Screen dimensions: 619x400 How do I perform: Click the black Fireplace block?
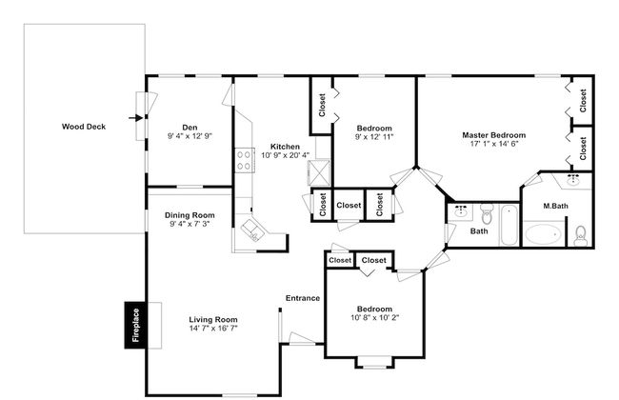click(135, 325)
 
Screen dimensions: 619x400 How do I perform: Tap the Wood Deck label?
click(84, 127)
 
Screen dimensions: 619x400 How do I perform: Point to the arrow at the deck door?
click(135, 118)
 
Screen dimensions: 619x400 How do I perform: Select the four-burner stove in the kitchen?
click(245, 160)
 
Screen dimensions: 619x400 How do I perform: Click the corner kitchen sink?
click(252, 230)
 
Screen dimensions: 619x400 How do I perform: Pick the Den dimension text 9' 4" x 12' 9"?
click(190, 136)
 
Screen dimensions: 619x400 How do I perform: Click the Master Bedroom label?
click(494, 135)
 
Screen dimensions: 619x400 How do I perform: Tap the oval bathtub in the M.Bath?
click(544, 234)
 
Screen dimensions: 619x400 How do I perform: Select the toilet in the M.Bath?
click(580, 236)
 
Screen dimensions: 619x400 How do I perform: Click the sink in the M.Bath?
click(572, 180)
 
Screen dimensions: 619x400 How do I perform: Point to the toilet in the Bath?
click(487, 213)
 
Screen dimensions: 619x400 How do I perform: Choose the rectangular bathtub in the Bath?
click(509, 225)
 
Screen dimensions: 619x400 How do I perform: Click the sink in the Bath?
click(461, 211)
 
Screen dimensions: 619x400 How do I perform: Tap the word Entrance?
click(303, 298)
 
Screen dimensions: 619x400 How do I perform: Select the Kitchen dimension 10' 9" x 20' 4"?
click(285, 155)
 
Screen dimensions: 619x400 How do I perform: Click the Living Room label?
click(213, 319)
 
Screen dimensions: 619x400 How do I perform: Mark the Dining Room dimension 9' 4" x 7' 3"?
click(190, 224)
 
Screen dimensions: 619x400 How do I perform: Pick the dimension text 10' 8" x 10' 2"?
click(374, 317)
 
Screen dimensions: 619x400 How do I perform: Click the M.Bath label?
click(555, 206)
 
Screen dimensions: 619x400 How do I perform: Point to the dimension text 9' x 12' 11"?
click(374, 137)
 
